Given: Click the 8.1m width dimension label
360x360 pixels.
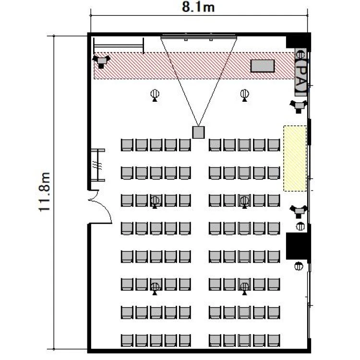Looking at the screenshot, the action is click(x=198, y=7).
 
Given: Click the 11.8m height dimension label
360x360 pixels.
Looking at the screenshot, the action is click(x=44, y=192).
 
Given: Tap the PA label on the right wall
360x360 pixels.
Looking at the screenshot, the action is click(x=301, y=75).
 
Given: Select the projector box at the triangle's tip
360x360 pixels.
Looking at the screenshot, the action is click(x=198, y=132).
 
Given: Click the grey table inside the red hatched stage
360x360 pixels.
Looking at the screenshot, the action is click(x=263, y=66).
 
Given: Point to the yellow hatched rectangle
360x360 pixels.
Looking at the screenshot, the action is click(x=295, y=158).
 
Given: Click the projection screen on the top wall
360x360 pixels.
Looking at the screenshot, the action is click(x=199, y=36).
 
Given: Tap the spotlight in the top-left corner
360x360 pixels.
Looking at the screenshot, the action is click(x=101, y=61).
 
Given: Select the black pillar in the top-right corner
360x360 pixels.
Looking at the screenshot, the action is click(x=298, y=42).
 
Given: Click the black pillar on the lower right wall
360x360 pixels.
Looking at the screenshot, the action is click(x=298, y=246).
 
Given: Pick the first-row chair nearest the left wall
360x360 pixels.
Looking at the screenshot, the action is click(x=127, y=145).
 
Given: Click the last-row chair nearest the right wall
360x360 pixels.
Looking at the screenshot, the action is click(x=274, y=340).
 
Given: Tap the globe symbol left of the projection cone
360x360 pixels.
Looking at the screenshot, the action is click(x=155, y=95).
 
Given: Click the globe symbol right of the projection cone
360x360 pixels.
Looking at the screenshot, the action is click(x=244, y=95).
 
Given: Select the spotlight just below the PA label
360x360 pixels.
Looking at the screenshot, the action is click(x=299, y=106).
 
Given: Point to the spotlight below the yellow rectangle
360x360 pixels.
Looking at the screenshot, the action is click(x=299, y=211).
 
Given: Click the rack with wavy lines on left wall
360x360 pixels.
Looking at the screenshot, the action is click(x=98, y=165).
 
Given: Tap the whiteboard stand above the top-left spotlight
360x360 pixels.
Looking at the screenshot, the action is click(x=119, y=46).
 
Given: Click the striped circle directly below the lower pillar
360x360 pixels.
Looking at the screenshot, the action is click(x=299, y=266).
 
